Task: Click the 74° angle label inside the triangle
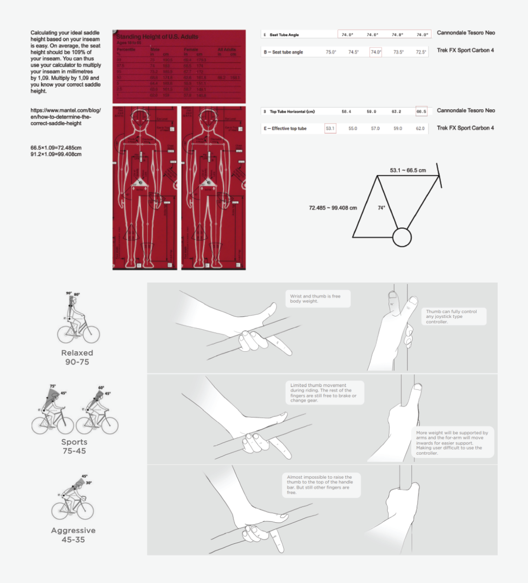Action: point(381,208)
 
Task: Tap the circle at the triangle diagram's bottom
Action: point(402,237)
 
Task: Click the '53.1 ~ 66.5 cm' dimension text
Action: point(408,170)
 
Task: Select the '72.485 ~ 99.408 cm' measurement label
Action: point(333,208)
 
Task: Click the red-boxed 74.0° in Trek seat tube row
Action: point(376,52)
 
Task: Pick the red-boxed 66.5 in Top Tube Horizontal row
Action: point(421,111)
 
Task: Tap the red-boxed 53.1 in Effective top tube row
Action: point(330,128)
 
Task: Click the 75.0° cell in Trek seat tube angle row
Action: point(331,52)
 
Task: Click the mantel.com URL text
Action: point(66,117)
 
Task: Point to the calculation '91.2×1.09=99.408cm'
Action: point(56,154)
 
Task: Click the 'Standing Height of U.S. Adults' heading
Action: point(157,37)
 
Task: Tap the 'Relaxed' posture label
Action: point(77,353)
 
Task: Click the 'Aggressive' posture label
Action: point(73,531)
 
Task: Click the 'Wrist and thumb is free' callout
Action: point(318,299)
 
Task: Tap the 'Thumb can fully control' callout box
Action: point(454,316)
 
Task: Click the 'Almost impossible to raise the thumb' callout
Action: point(321,485)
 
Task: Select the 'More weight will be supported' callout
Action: point(452,443)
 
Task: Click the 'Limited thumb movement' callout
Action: point(323,393)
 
